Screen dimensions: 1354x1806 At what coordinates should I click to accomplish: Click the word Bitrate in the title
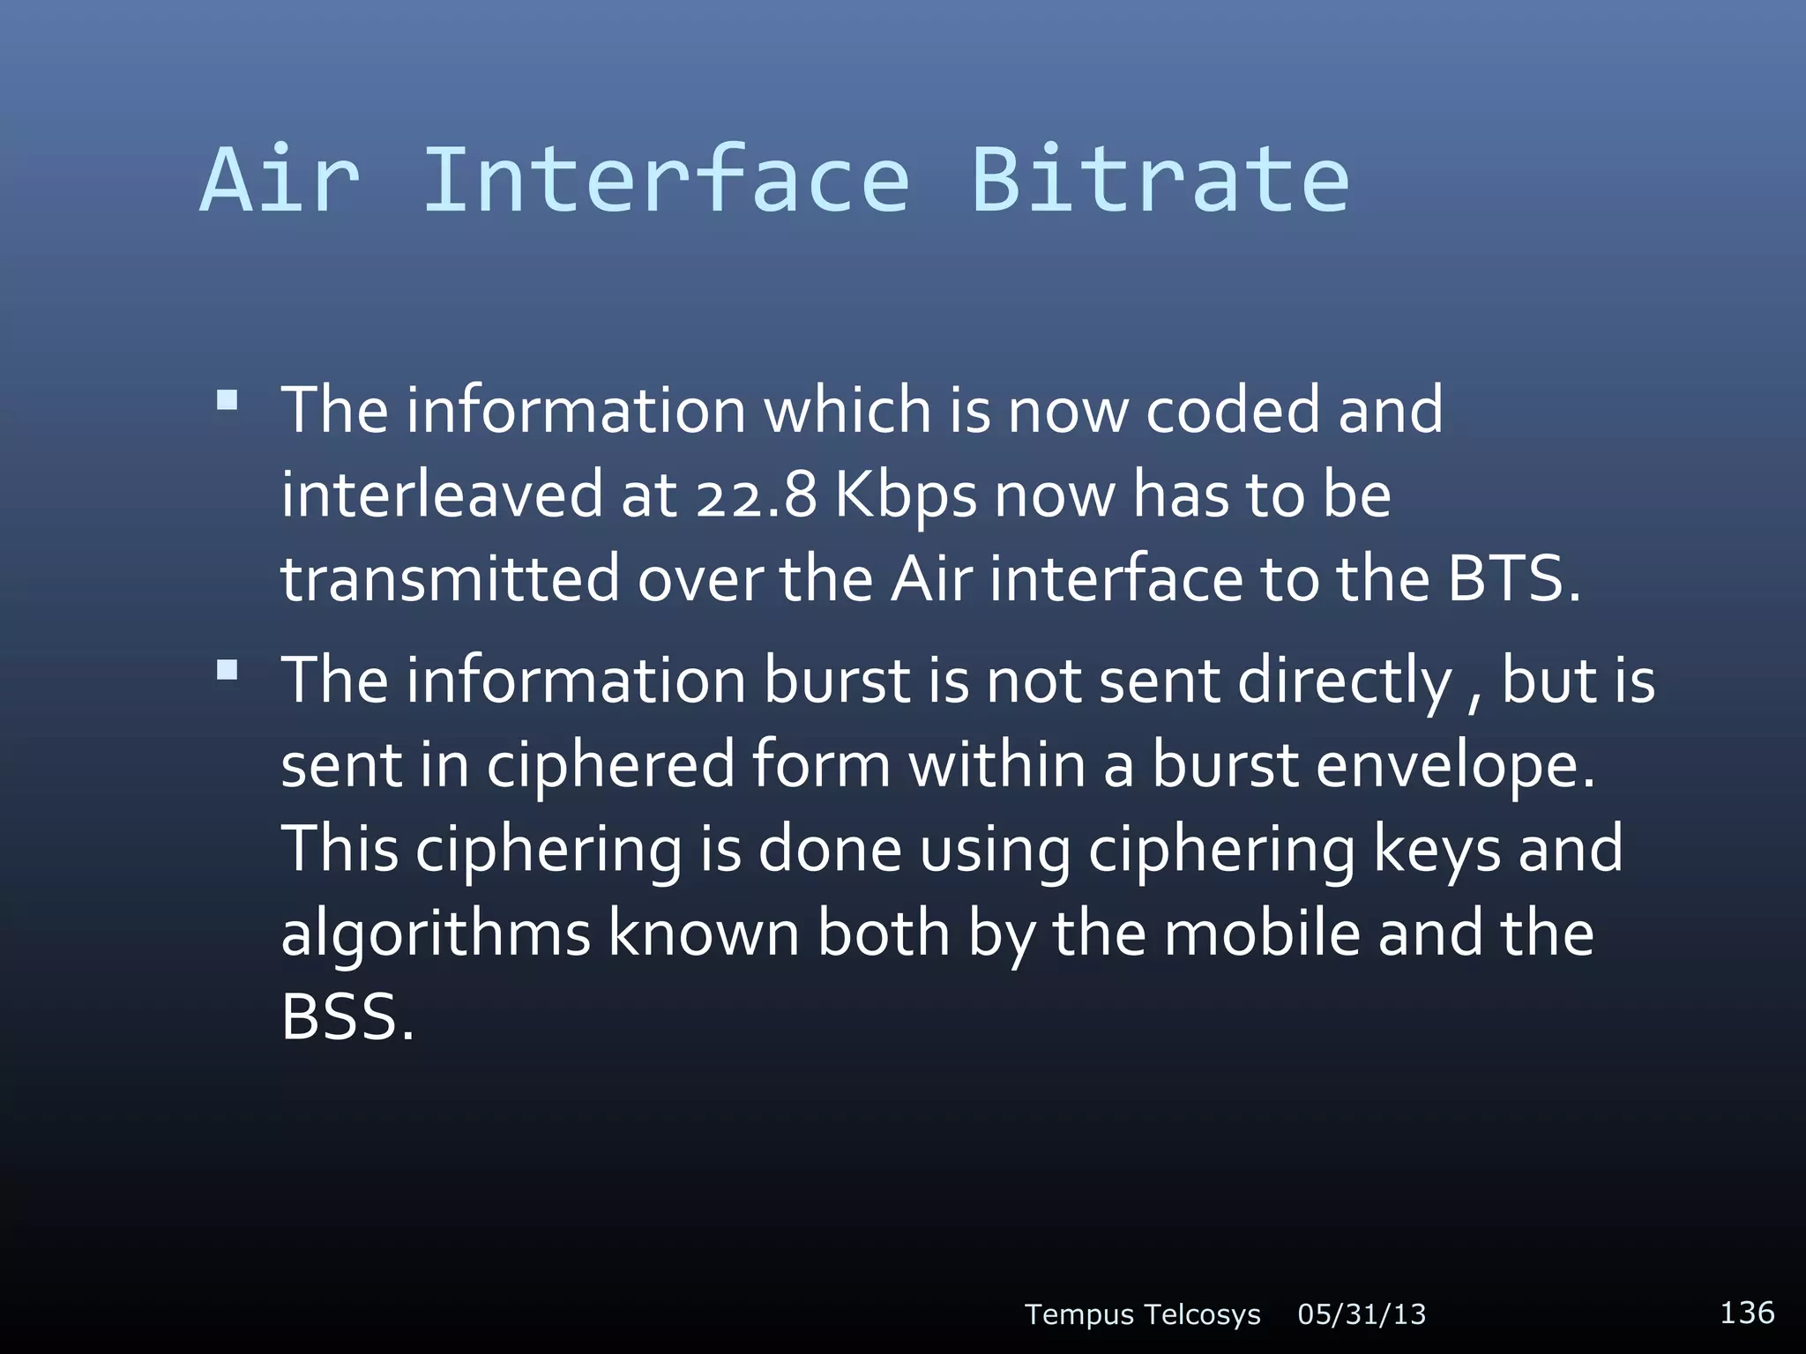(x=1160, y=181)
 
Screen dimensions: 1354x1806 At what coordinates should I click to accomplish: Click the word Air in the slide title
(x=280, y=181)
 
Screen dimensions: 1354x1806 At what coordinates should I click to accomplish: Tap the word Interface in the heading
(x=666, y=181)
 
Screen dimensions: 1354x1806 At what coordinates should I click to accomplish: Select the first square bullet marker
(x=228, y=401)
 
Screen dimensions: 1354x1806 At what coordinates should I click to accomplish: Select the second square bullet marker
(x=228, y=671)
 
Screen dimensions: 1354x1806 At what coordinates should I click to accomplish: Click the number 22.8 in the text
(x=757, y=495)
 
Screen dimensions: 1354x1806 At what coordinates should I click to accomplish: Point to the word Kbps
(x=905, y=497)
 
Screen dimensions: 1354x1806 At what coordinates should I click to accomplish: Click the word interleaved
(x=441, y=495)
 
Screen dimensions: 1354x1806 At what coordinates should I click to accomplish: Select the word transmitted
(x=450, y=579)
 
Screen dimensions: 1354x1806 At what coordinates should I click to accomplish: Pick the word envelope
(x=1455, y=765)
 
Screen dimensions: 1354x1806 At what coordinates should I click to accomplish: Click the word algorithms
(x=435, y=934)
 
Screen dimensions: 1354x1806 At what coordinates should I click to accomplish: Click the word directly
(x=1345, y=681)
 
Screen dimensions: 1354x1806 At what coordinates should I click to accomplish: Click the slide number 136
(x=1747, y=1312)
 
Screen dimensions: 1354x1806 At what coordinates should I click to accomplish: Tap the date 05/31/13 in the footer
(x=1362, y=1314)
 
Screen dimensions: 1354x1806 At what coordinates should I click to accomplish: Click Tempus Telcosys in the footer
(x=1142, y=1314)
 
